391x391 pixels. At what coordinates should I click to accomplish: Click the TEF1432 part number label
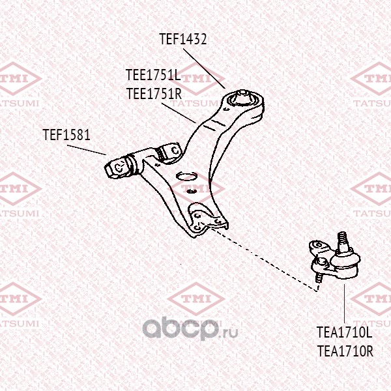[183, 39]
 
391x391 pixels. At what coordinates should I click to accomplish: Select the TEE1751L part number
[152, 76]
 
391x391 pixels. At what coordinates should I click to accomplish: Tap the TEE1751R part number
[153, 93]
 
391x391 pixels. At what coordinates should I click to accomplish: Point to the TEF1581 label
[66, 136]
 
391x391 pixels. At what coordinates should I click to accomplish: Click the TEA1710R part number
[344, 351]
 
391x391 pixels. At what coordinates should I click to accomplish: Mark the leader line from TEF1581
[87, 149]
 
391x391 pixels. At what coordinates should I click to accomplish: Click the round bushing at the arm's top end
[242, 99]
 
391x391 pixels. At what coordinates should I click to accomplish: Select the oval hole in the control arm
[188, 176]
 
